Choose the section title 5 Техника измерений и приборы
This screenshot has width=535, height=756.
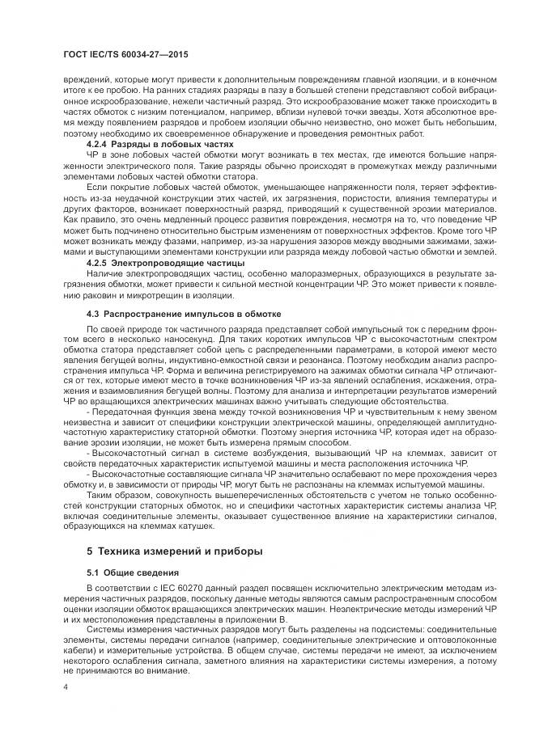pyautogui.click(x=174, y=551)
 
